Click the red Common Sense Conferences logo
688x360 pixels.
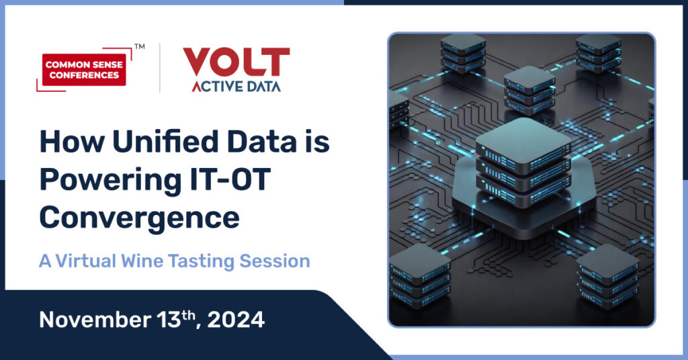coord(84,69)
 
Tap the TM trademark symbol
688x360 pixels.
coord(140,46)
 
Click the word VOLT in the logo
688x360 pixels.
coord(236,62)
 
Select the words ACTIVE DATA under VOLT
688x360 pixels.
coord(236,87)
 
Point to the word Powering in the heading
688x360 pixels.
coord(110,181)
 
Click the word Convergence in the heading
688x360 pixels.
coord(140,218)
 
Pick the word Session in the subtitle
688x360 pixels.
coord(275,261)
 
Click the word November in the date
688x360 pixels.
coord(95,320)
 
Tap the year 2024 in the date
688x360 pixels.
coord(236,320)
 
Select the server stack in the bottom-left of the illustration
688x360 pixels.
coord(420,276)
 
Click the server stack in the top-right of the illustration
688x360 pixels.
coord(599,52)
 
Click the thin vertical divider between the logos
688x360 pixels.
coord(160,68)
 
